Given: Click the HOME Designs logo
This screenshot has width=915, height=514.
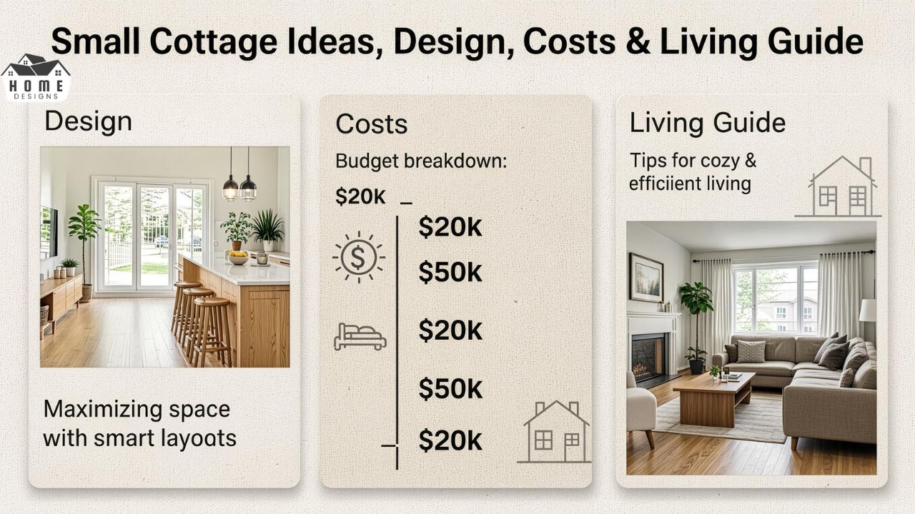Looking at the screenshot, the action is tap(36, 78).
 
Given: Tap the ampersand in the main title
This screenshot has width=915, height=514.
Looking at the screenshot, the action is tap(638, 41).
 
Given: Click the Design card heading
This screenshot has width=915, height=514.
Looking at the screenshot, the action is tap(88, 121).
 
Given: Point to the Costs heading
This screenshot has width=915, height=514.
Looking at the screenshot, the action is tap(371, 124).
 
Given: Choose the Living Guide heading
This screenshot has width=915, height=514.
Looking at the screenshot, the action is tap(708, 123).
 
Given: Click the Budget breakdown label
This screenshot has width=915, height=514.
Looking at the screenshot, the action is tap(421, 161).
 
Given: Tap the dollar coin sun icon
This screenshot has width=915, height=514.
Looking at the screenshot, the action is tap(358, 257).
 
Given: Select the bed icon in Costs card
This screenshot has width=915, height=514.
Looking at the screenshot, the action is tap(360, 337).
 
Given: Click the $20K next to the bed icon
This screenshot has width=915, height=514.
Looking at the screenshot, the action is tap(450, 331).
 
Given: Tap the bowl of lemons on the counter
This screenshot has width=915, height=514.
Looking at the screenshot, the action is tap(238, 258).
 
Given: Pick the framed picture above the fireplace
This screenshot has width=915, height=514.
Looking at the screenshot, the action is tap(646, 278).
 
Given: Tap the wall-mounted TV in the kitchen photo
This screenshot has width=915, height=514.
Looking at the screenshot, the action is tap(48, 233).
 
